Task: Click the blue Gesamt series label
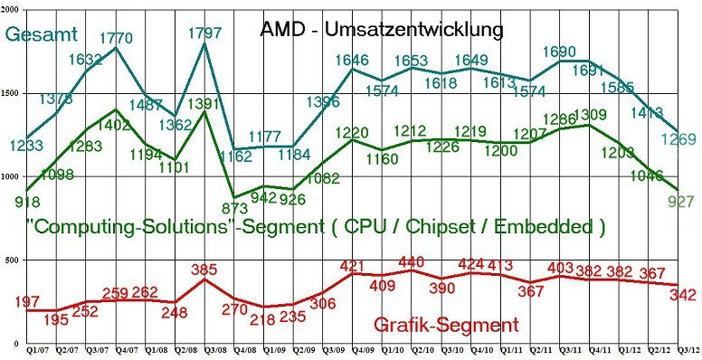[43, 34]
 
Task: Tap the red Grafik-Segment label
[446, 324]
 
